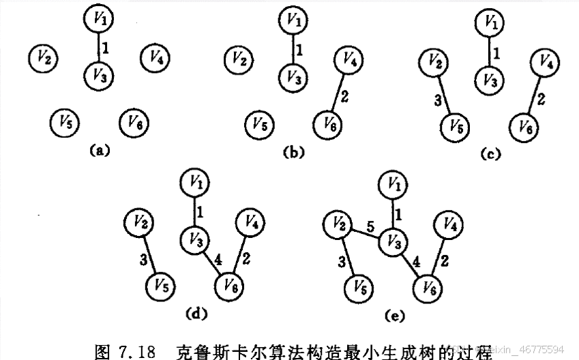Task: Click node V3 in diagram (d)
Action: [x=194, y=240]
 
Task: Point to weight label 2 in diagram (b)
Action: [x=344, y=96]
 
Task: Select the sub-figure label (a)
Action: [x=100, y=151]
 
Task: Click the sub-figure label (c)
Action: [x=490, y=154]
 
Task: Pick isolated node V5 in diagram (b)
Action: [x=258, y=124]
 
